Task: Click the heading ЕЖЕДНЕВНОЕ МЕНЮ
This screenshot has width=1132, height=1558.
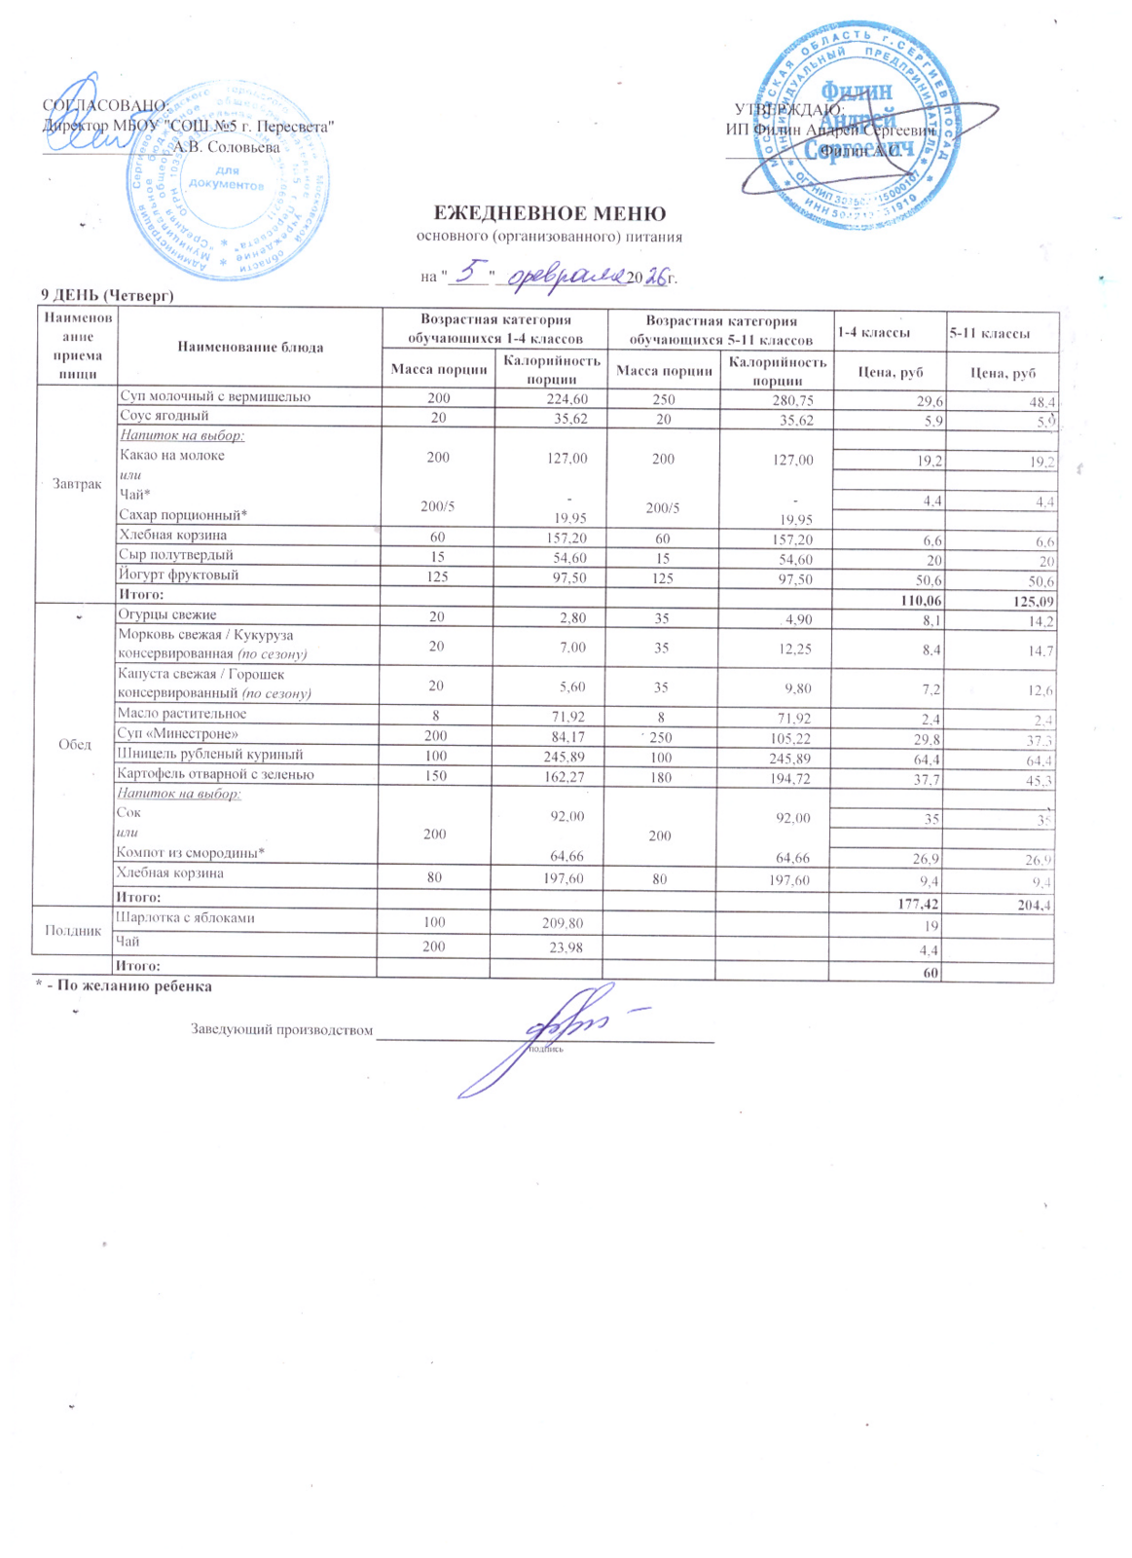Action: pos(549,214)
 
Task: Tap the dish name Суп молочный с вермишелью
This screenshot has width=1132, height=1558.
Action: pos(214,396)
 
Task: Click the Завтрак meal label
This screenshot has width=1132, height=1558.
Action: pos(77,484)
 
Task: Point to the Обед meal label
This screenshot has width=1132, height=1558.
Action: pos(75,745)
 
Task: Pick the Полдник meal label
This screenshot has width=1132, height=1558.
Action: pos(74,931)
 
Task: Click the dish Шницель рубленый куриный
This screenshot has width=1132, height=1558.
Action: pos(209,754)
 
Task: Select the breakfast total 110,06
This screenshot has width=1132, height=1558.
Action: pos(922,601)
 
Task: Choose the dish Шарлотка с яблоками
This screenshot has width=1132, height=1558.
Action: pos(185,917)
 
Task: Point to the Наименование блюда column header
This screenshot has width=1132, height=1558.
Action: pos(250,347)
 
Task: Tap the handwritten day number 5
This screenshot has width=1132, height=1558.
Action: pos(470,270)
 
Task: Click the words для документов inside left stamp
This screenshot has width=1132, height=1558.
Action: pos(226,178)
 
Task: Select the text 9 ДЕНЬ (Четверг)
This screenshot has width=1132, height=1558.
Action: pos(106,294)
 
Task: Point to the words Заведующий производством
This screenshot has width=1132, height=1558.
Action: pos(281,1030)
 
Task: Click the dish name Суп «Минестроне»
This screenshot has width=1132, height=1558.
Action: pos(177,733)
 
